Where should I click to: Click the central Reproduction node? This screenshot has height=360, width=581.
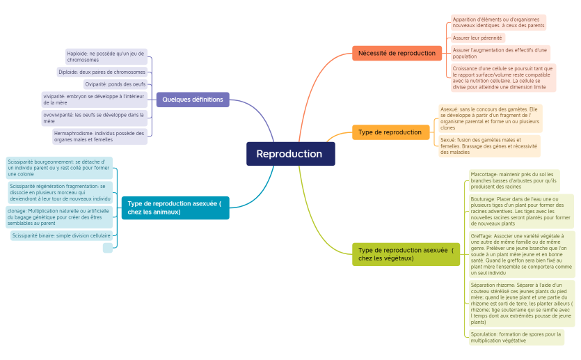290,154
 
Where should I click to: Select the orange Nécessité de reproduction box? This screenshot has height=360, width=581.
397,53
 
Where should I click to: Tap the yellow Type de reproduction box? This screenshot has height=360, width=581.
390,132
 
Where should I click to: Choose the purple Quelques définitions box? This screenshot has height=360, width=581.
193,100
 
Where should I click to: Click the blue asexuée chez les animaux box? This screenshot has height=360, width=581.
175,208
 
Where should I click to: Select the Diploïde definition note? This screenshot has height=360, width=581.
102,72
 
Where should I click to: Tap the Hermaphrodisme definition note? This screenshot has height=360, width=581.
99,136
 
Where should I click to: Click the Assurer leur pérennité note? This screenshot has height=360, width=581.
477,38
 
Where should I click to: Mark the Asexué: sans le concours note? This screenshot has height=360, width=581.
490,118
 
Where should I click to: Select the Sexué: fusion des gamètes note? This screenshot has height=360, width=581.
488,146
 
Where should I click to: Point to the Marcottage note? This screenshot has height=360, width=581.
514,180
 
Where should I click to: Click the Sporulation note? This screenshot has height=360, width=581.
516,337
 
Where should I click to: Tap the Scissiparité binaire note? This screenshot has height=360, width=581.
61,236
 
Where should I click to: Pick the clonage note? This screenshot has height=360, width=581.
58,217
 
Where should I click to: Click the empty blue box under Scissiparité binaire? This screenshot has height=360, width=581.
107,248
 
